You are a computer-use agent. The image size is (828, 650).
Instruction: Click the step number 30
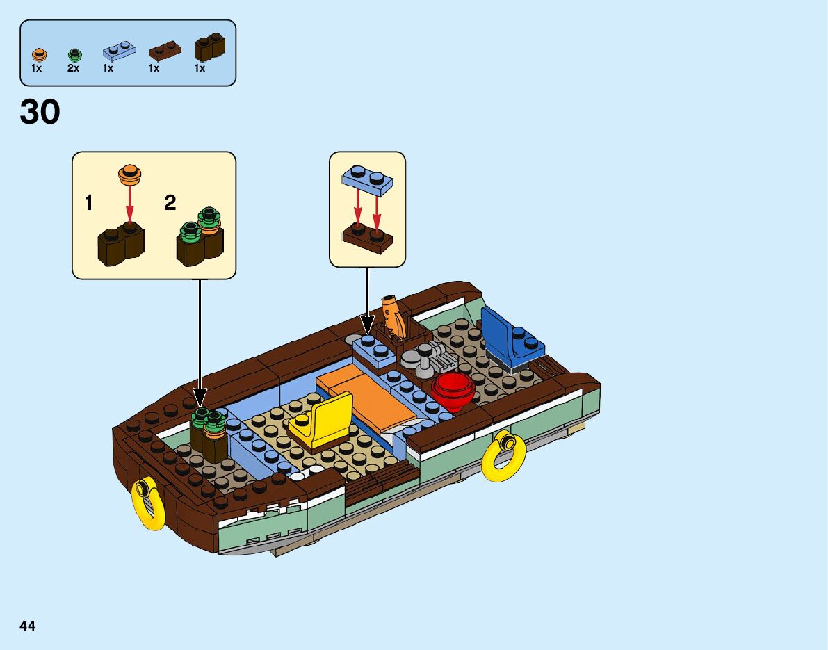(x=40, y=112)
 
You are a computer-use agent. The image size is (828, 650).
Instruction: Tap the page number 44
(x=28, y=626)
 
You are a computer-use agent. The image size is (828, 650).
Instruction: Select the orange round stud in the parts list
(x=38, y=54)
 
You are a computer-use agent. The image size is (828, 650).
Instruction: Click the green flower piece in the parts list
(x=74, y=54)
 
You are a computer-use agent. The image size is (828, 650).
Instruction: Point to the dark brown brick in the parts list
(x=209, y=47)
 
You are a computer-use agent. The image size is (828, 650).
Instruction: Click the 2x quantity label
(x=73, y=69)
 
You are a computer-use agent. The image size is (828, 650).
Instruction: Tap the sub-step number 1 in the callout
(x=89, y=203)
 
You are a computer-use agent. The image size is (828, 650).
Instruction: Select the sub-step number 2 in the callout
(x=170, y=203)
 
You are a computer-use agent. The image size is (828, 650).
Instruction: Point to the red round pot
(x=453, y=390)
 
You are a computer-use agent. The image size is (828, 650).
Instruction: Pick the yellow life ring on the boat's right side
(x=503, y=455)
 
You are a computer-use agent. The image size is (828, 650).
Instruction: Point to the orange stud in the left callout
(x=130, y=174)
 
